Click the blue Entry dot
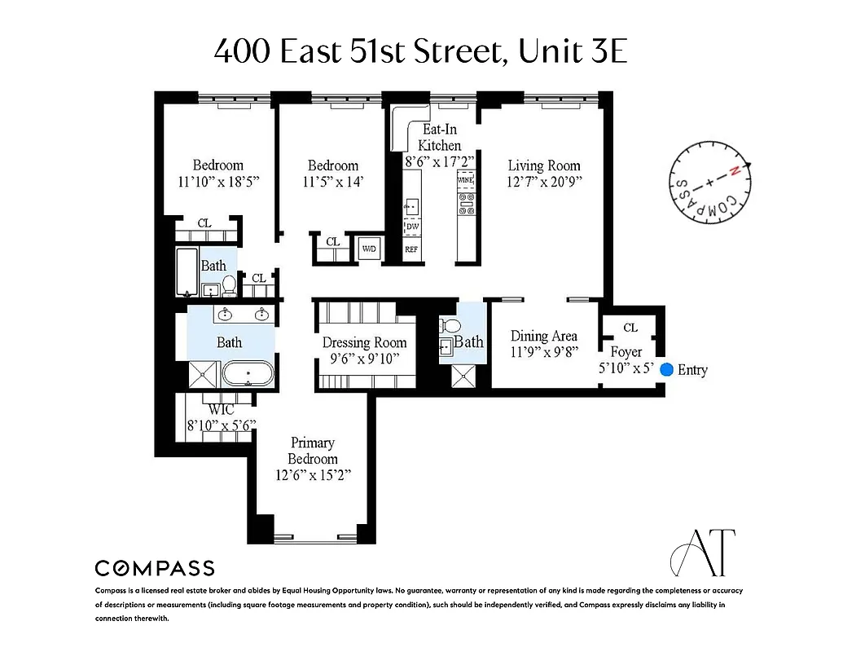(666, 369)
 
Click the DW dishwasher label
(412, 227)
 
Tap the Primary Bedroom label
(313, 451)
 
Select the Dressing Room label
(363, 342)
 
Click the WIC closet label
(222, 409)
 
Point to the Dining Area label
(543, 336)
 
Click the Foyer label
(626, 352)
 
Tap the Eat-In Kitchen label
(439, 137)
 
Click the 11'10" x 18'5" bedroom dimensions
(217, 182)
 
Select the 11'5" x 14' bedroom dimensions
(332, 182)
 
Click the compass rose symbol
(707, 184)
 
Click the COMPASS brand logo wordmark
(155, 568)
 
